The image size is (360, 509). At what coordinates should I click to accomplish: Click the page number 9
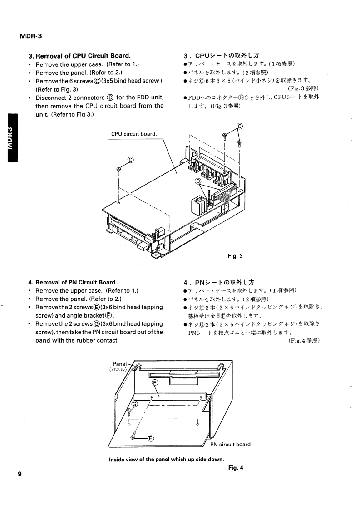click(20, 475)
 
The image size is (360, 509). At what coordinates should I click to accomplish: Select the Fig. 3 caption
click(235, 256)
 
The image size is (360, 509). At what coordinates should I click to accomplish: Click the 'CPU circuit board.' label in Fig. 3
click(134, 134)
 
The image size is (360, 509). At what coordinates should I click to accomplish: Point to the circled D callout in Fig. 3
click(198, 182)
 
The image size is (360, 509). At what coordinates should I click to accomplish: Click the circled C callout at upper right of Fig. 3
click(241, 127)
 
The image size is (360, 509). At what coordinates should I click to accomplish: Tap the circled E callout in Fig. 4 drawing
click(151, 438)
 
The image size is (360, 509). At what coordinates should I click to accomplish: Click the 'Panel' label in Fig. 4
click(120, 364)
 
